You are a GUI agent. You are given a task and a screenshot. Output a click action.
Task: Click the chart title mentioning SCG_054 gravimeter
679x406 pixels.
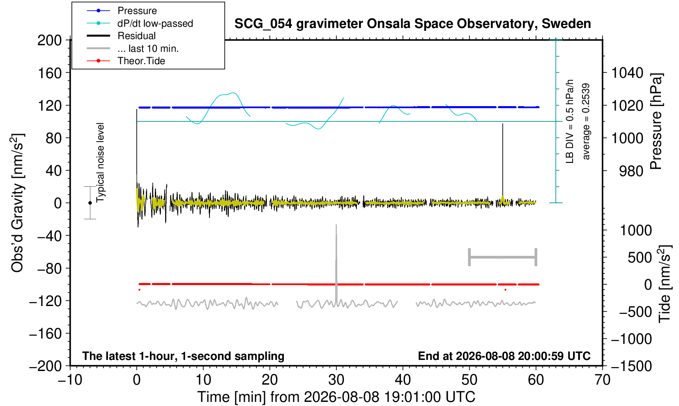(412, 24)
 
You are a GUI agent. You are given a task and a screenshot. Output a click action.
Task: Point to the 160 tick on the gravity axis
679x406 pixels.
(49, 73)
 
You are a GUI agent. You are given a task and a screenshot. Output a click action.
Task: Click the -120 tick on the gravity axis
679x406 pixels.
(46, 301)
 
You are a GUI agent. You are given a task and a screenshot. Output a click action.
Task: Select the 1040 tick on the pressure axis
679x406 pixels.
(627, 73)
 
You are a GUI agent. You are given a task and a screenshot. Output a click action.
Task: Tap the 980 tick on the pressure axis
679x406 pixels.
(631, 171)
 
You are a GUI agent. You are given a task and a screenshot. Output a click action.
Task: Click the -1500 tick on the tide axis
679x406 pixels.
(631, 366)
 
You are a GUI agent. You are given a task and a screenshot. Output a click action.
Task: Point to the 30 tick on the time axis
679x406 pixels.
(336, 380)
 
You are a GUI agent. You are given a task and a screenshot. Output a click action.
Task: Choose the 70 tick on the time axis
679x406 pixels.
(602, 380)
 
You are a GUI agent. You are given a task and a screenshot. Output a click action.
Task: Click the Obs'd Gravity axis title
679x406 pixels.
(17, 203)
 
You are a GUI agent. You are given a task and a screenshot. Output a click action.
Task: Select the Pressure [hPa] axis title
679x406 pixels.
(656, 121)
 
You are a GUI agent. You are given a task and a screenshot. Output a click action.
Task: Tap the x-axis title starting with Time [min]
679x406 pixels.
(336, 397)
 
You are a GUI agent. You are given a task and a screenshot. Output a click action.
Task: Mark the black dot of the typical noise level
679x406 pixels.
(90, 203)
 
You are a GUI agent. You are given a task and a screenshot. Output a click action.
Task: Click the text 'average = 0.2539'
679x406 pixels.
(586, 121)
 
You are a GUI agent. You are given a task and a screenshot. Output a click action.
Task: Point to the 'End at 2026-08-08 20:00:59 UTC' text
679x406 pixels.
(504, 356)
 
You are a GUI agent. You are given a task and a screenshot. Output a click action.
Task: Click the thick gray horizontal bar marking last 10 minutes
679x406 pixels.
(503, 257)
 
